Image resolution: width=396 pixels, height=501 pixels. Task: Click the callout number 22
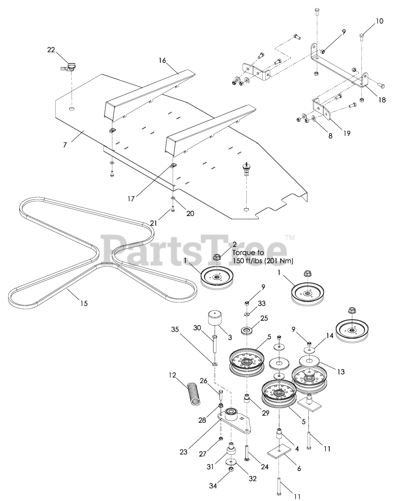51,50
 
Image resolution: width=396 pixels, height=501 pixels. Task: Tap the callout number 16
162,60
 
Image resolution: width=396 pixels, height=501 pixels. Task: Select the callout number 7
65,145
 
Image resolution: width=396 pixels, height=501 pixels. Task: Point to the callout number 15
84,303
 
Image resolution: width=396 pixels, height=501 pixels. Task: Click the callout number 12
173,375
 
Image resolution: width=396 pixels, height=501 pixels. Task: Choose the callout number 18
381,100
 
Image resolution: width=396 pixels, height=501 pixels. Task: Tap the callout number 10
380,21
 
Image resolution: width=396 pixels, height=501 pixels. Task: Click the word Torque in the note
243,253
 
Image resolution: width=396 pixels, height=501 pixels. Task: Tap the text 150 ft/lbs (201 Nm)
263,261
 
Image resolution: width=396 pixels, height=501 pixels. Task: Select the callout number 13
341,372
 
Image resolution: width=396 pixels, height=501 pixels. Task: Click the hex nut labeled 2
216,258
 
